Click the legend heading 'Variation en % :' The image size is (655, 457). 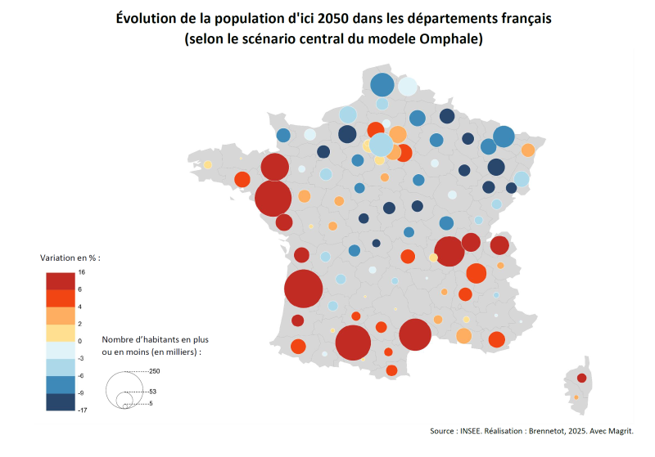(x=70, y=258)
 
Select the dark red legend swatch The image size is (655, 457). (x=61, y=281)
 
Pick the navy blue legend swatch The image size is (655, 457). (x=61, y=402)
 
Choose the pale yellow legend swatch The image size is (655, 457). (x=61, y=333)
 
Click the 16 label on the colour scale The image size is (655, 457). (x=81, y=272)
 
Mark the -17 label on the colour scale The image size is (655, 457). (x=83, y=410)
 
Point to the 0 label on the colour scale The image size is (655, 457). (x=79, y=341)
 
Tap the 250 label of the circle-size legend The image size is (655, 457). (x=155, y=371)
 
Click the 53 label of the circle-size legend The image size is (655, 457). (x=152, y=392)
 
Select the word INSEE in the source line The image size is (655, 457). (x=471, y=431)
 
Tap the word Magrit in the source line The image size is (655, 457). (x=621, y=431)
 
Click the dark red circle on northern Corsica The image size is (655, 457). (x=581, y=379)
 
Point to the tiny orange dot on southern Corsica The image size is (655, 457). (x=576, y=397)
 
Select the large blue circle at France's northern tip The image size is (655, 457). (x=382, y=85)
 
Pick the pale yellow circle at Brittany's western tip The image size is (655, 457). (x=208, y=164)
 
